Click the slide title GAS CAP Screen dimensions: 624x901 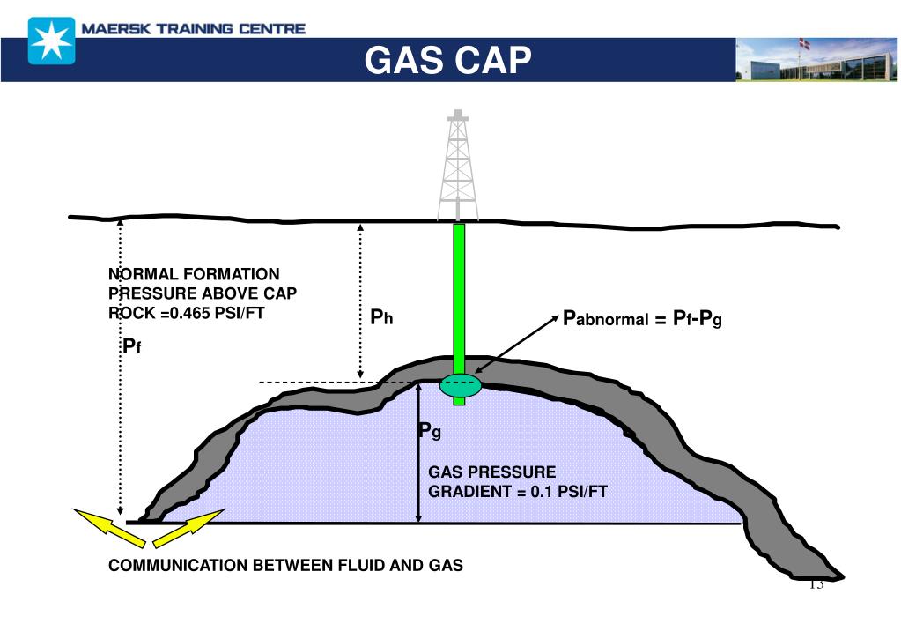[x=448, y=60]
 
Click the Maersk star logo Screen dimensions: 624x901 [x=51, y=41]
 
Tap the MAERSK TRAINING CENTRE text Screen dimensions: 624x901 [x=193, y=28]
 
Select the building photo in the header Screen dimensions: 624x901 [x=816, y=60]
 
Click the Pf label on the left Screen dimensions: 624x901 [x=132, y=347]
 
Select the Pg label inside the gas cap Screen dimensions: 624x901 [x=429, y=431]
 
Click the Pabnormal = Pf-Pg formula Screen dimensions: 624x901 [x=642, y=318]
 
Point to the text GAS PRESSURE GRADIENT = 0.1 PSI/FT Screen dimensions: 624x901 [x=517, y=481]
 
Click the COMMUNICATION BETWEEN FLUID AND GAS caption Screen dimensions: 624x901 [x=285, y=566]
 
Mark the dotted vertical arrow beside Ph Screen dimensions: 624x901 [x=359, y=300]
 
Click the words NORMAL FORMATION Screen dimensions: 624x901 [x=194, y=274]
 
